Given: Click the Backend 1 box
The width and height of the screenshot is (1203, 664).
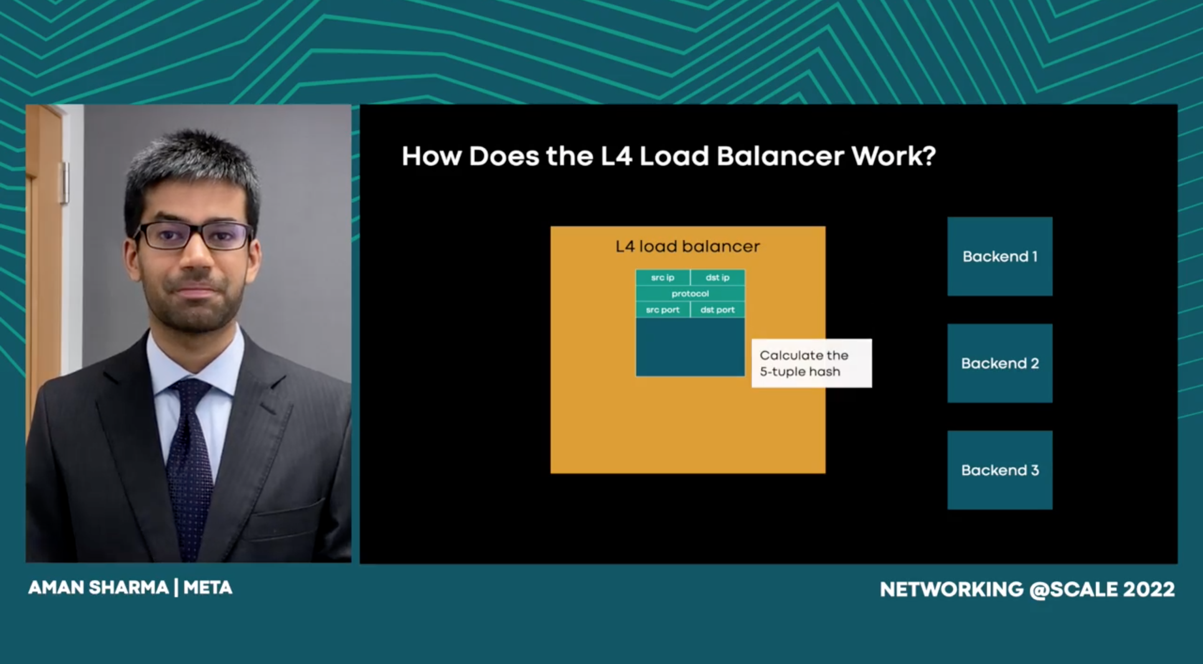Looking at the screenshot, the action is pos(1000,256).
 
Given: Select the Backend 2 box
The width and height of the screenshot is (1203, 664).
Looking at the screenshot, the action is pos(1000,363).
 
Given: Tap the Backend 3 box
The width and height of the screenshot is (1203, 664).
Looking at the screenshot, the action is pos(1000,470).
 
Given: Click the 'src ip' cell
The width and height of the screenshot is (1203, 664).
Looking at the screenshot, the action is pos(662,277).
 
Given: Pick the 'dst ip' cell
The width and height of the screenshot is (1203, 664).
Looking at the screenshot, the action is pos(718,277).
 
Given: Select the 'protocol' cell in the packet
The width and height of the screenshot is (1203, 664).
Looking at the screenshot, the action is pos(690,294).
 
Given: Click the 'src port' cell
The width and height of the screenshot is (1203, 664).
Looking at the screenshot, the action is pos(662,309).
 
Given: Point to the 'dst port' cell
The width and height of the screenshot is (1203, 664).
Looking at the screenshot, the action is pos(718,309).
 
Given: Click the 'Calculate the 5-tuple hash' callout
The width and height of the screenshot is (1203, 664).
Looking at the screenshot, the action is pos(812,363).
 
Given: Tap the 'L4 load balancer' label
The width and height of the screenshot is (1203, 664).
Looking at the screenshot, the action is pos(688,246).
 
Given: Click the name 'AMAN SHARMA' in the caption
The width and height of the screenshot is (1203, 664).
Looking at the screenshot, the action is pos(99,588).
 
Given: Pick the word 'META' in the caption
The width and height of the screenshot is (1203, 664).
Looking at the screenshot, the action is pos(208,588).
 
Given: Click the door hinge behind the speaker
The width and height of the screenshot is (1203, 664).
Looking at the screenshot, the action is pos(64,182).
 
